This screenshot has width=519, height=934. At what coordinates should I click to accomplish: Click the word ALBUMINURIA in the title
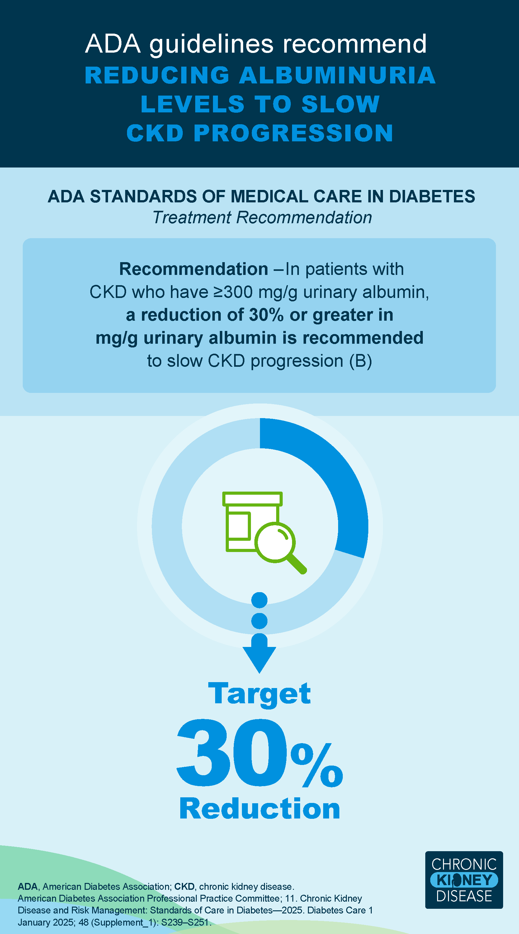pyautogui.click(x=337, y=75)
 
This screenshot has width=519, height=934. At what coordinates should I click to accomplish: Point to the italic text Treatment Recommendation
pyautogui.click(x=262, y=218)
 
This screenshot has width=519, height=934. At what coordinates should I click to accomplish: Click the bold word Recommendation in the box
pyautogui.click(x=193, y=269)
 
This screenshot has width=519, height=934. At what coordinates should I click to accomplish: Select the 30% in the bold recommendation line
pyautogui.click(x=266, y=315)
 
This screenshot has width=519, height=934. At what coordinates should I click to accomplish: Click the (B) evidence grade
pyautogui.click(x=361, y=361)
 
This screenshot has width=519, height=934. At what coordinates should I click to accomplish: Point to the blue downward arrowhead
pyautogui.click(x=259, y=658)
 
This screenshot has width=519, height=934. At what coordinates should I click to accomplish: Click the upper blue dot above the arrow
pyautogui.click(x=259, y=600)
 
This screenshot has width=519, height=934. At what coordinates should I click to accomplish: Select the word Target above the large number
pyautogui.click(x=259, y=693)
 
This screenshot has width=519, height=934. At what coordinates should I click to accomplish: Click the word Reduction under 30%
pyautogui.click(x=260, y=809)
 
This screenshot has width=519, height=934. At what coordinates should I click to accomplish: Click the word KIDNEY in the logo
pyautogui.click(x=464, y=880)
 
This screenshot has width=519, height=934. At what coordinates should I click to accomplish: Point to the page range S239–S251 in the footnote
pyautogui.click(x=185, y=922)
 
